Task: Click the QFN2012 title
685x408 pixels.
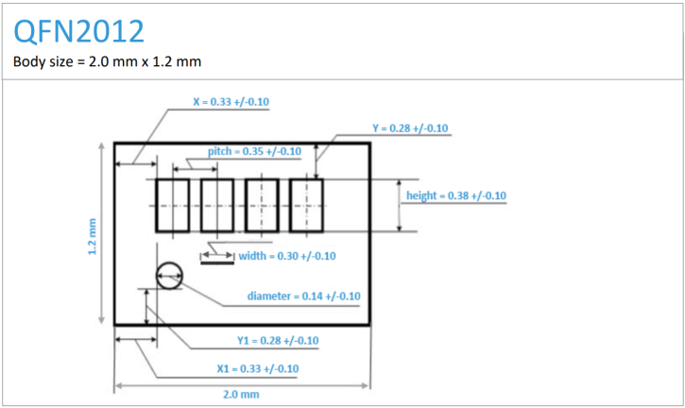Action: [79, 31]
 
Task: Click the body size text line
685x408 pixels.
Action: [108, 61]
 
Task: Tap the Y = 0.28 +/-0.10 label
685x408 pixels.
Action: [410, 128]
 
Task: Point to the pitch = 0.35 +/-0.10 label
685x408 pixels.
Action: [254, 151]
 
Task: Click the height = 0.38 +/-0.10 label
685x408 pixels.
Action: [455, 195]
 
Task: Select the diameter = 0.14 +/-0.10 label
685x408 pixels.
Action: [303, 296]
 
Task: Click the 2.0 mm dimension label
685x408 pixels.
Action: [241, 394]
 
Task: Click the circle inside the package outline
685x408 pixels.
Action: [170, 276]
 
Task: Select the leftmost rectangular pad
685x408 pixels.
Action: [172, 206]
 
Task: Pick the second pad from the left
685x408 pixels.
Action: [217, 206]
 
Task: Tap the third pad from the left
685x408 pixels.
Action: [261, 206]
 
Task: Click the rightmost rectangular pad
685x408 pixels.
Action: [306, 206]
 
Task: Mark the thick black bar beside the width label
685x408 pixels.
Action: [218, 263]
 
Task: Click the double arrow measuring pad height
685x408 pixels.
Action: [400, 205]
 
